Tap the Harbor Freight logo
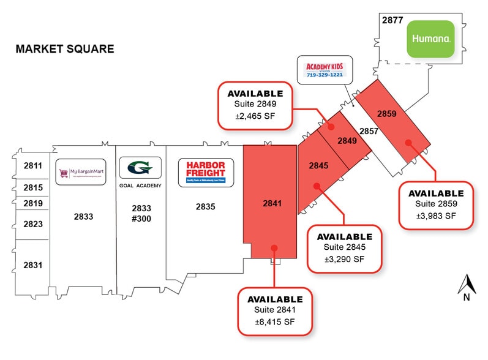tap(205, 173)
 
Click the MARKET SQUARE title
tap(65, 49)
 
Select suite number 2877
tap(392, 20)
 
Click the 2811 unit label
tap(32, 165)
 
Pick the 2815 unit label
tap(32, 187)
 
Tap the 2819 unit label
tap(32, 203)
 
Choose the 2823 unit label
tap(32, 224)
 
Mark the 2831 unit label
tap(32, 265)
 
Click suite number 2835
tap(206, 207)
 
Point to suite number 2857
tap(369, 131)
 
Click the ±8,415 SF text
tap(275, 322)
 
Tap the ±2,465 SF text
tap(255, 116)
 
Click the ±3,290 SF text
tap(344, 259)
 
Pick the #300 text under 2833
tap(141, 219)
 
